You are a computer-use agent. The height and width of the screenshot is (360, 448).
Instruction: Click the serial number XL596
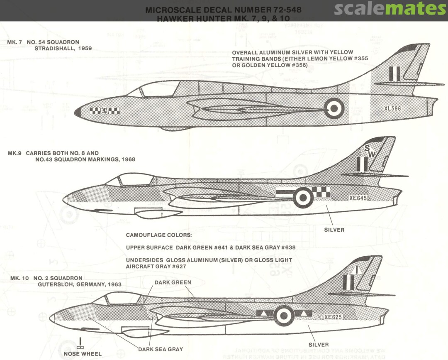tap(392, 108)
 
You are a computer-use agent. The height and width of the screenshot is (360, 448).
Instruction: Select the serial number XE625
tap(333, 317)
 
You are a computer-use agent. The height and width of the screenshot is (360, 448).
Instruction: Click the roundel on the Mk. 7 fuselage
tap(334, 108)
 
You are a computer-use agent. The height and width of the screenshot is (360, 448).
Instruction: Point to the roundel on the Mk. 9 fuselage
tap(303, 197)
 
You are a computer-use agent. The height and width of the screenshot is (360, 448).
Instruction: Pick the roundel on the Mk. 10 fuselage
tap(284, 316)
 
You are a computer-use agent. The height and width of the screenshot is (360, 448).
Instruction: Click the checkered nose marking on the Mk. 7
tap(105, 111)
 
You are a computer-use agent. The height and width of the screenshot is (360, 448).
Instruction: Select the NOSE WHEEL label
tap(83, 354)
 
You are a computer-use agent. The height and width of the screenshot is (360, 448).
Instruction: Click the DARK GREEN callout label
tap(173, 282)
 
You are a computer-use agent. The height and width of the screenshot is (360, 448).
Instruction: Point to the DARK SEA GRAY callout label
tap(161, 349)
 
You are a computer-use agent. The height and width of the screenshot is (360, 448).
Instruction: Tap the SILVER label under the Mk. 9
tap(334, 230)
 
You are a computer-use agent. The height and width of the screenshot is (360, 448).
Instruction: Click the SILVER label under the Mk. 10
tap(319, 345)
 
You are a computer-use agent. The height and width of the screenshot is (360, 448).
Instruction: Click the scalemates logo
tap(390, 9)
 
